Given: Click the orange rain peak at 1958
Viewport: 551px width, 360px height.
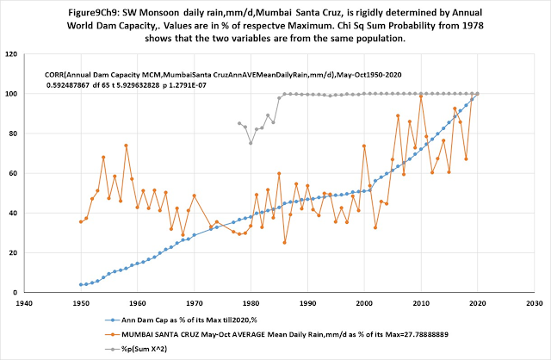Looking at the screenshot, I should click(x=126, y=146).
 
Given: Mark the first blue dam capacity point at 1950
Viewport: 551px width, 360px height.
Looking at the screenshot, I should click(x=81, y=284).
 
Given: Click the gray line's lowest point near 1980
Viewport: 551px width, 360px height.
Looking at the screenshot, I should click(x=251, y=143).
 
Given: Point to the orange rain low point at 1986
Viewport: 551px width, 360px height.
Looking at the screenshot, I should click(x=285, y=242).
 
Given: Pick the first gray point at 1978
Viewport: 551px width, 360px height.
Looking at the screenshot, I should click(x=239, y=123).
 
